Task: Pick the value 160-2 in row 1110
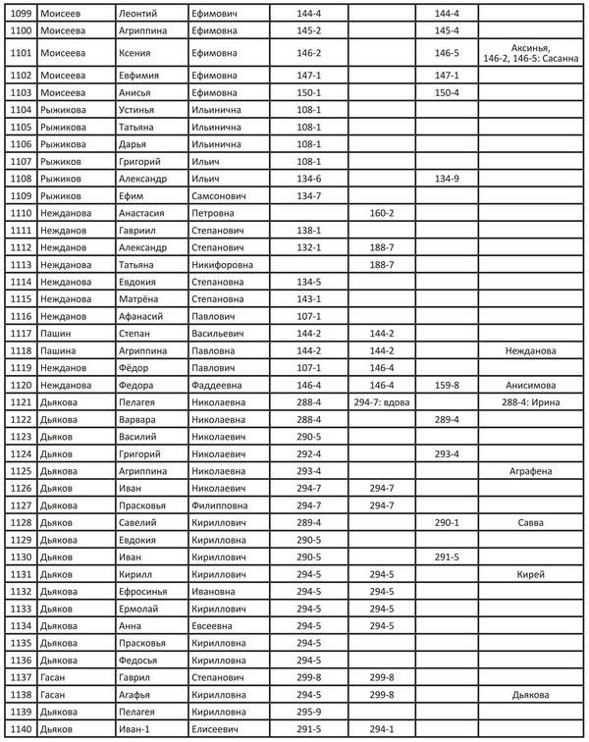point(381,213)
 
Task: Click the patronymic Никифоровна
point(223,264)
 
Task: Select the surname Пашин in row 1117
point(55,333)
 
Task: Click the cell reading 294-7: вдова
point(381,402)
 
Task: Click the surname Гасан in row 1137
point(53,677)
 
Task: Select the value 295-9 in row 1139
point(309,712)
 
